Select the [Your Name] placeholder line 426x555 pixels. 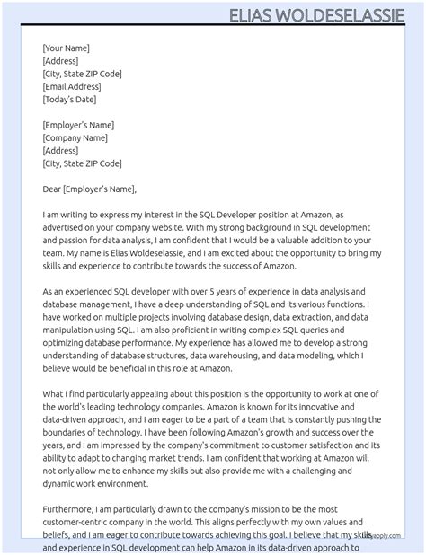tap(66, 48)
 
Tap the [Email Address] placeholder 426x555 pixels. tap(72, 86)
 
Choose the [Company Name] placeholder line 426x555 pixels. tap(75, 138)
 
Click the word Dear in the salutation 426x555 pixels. tap(51, 189)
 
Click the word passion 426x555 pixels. tap(60, 241)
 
